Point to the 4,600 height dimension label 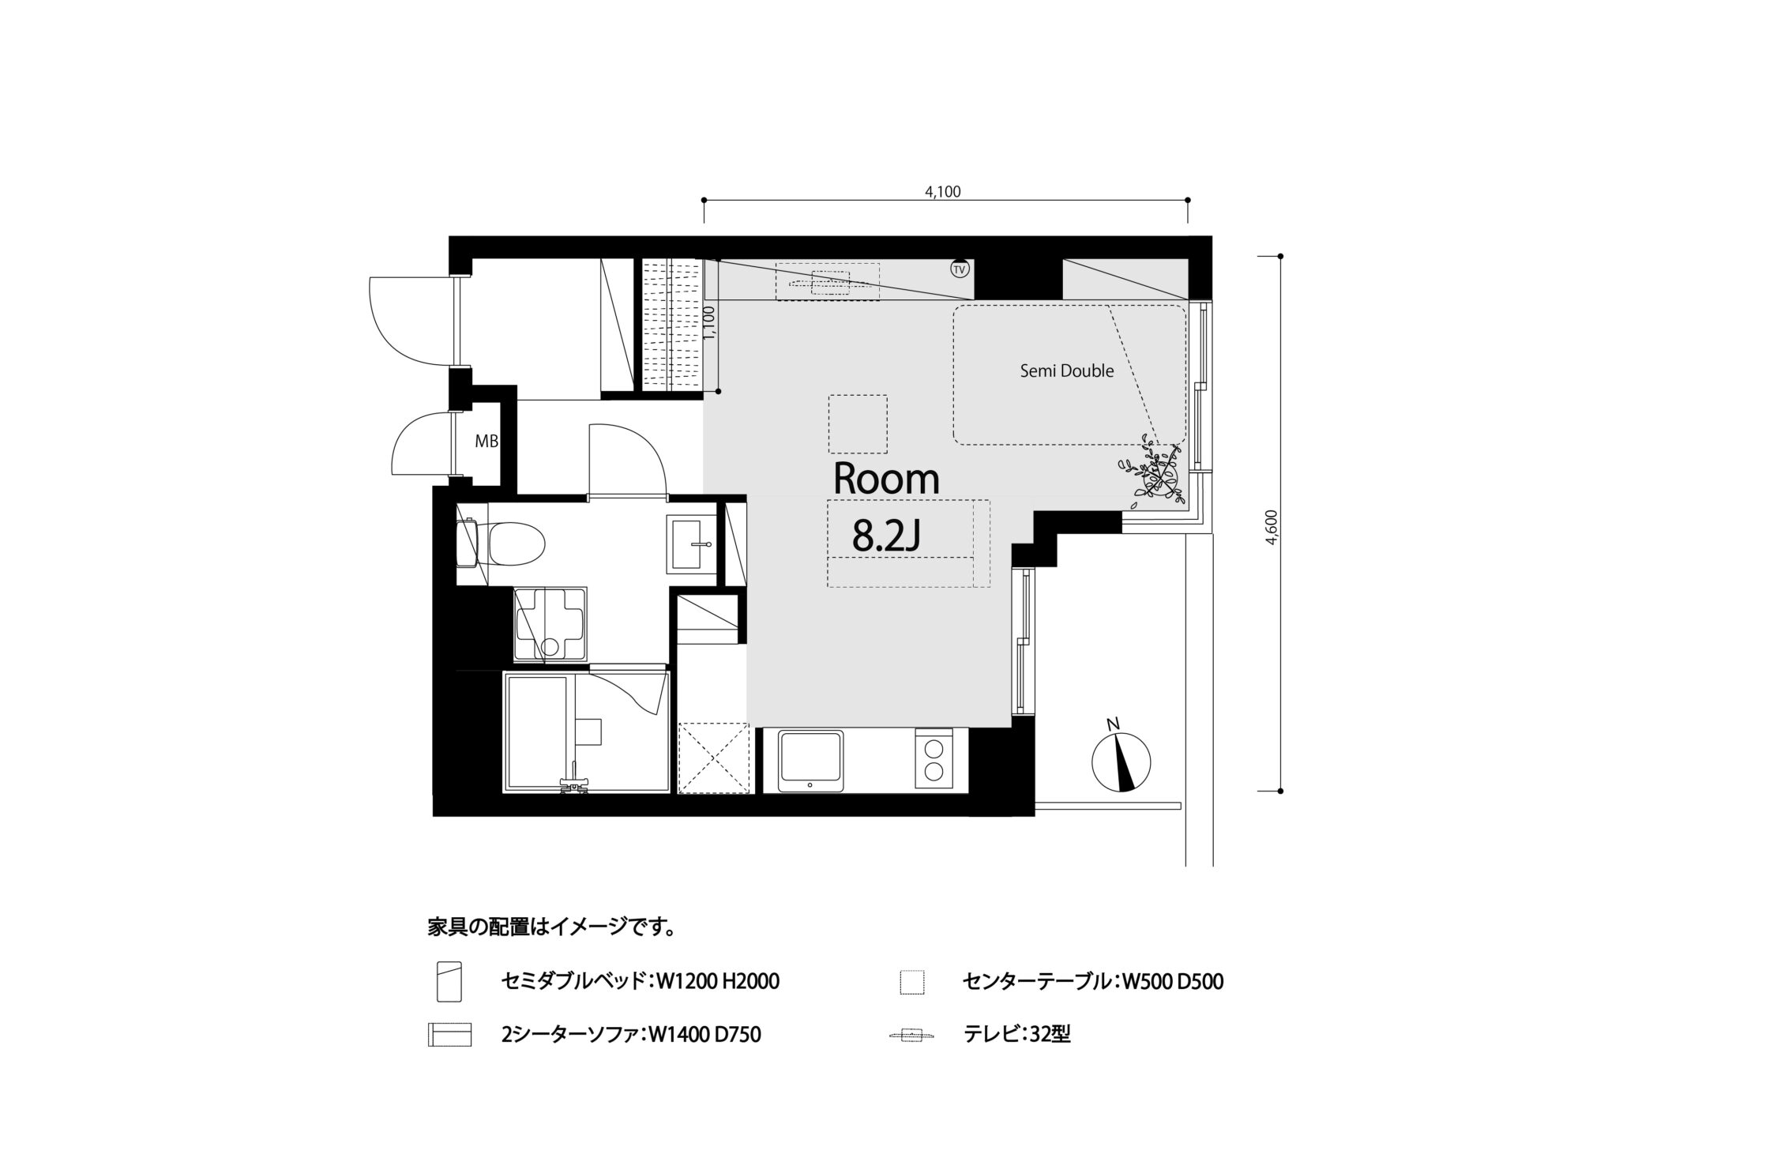(1270, 527)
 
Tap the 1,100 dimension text (708, 323)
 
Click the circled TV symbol (960, 269)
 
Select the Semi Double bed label (1067, 370)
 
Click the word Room (886, 479)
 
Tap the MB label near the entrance (487, 442)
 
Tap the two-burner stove (934, 758)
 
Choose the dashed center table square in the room (858, 424)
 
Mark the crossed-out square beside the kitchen (713, 757)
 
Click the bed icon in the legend (449, 982)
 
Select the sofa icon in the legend (449, 1035)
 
